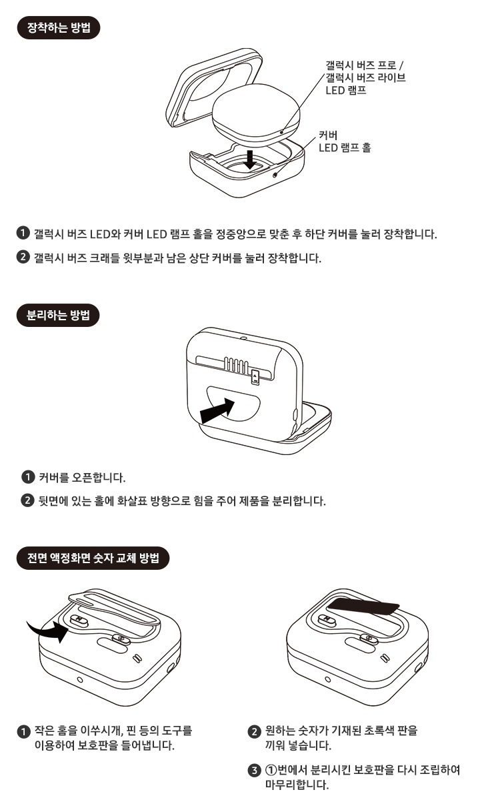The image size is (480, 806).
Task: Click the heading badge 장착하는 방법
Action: [x=58, y=29]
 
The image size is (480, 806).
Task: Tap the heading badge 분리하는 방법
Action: [x=58, y=315]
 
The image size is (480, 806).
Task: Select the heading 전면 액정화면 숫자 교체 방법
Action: [x=93, y=558]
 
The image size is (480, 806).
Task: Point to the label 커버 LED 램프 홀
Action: [x=344, y=141]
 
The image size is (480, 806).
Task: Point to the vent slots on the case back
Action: [x=237, y=365]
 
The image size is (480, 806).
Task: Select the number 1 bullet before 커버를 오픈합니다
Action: [x=28, y=478]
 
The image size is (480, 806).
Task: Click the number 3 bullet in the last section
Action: [x=253, y=771]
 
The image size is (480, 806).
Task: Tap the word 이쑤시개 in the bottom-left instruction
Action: [x=101, y=731]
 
